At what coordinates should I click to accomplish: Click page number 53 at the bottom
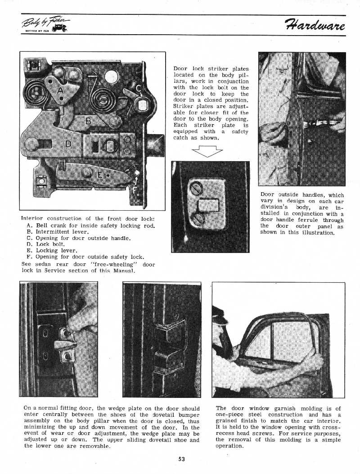tap(181, 459)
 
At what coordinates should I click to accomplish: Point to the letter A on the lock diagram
tap(60, 90)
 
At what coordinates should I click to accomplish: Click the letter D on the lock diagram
tap(68, 144)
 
